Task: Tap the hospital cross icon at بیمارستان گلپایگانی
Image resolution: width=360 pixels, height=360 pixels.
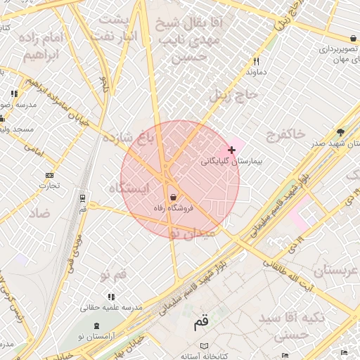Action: (231, 150)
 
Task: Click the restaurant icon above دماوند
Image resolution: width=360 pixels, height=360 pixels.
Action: (256, 61)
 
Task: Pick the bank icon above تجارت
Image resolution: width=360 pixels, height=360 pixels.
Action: (49, 175)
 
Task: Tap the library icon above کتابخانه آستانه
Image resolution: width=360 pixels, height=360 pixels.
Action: (205, 347)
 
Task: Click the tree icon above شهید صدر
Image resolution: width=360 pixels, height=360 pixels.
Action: (341, 131)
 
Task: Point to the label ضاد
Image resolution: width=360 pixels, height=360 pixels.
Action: (39, 213)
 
